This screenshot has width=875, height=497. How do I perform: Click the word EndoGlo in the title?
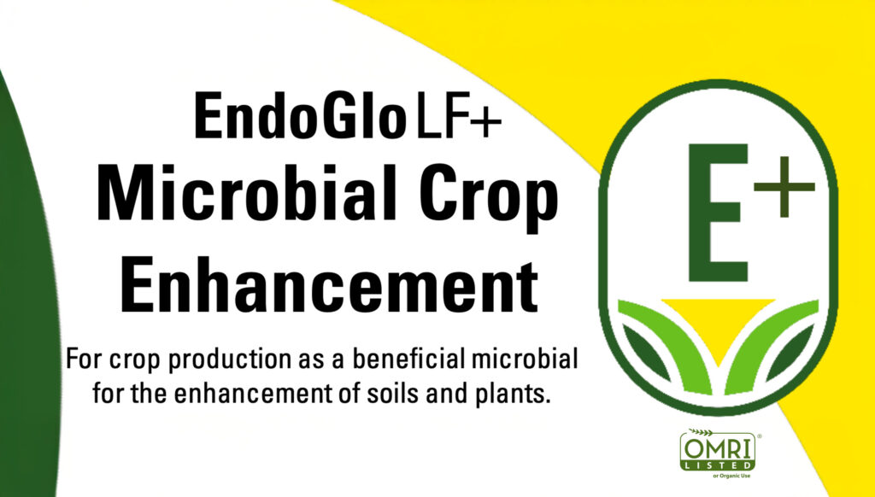click(x=300, y=115)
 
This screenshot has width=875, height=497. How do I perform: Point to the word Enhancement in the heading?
click(x=330, y=284)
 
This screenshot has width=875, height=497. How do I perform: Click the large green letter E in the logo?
click(x=718, y=213)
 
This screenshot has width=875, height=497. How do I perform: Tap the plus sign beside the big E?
click(x=784, y=186)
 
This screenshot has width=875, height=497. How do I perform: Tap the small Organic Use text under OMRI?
click(x=731, y=476)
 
